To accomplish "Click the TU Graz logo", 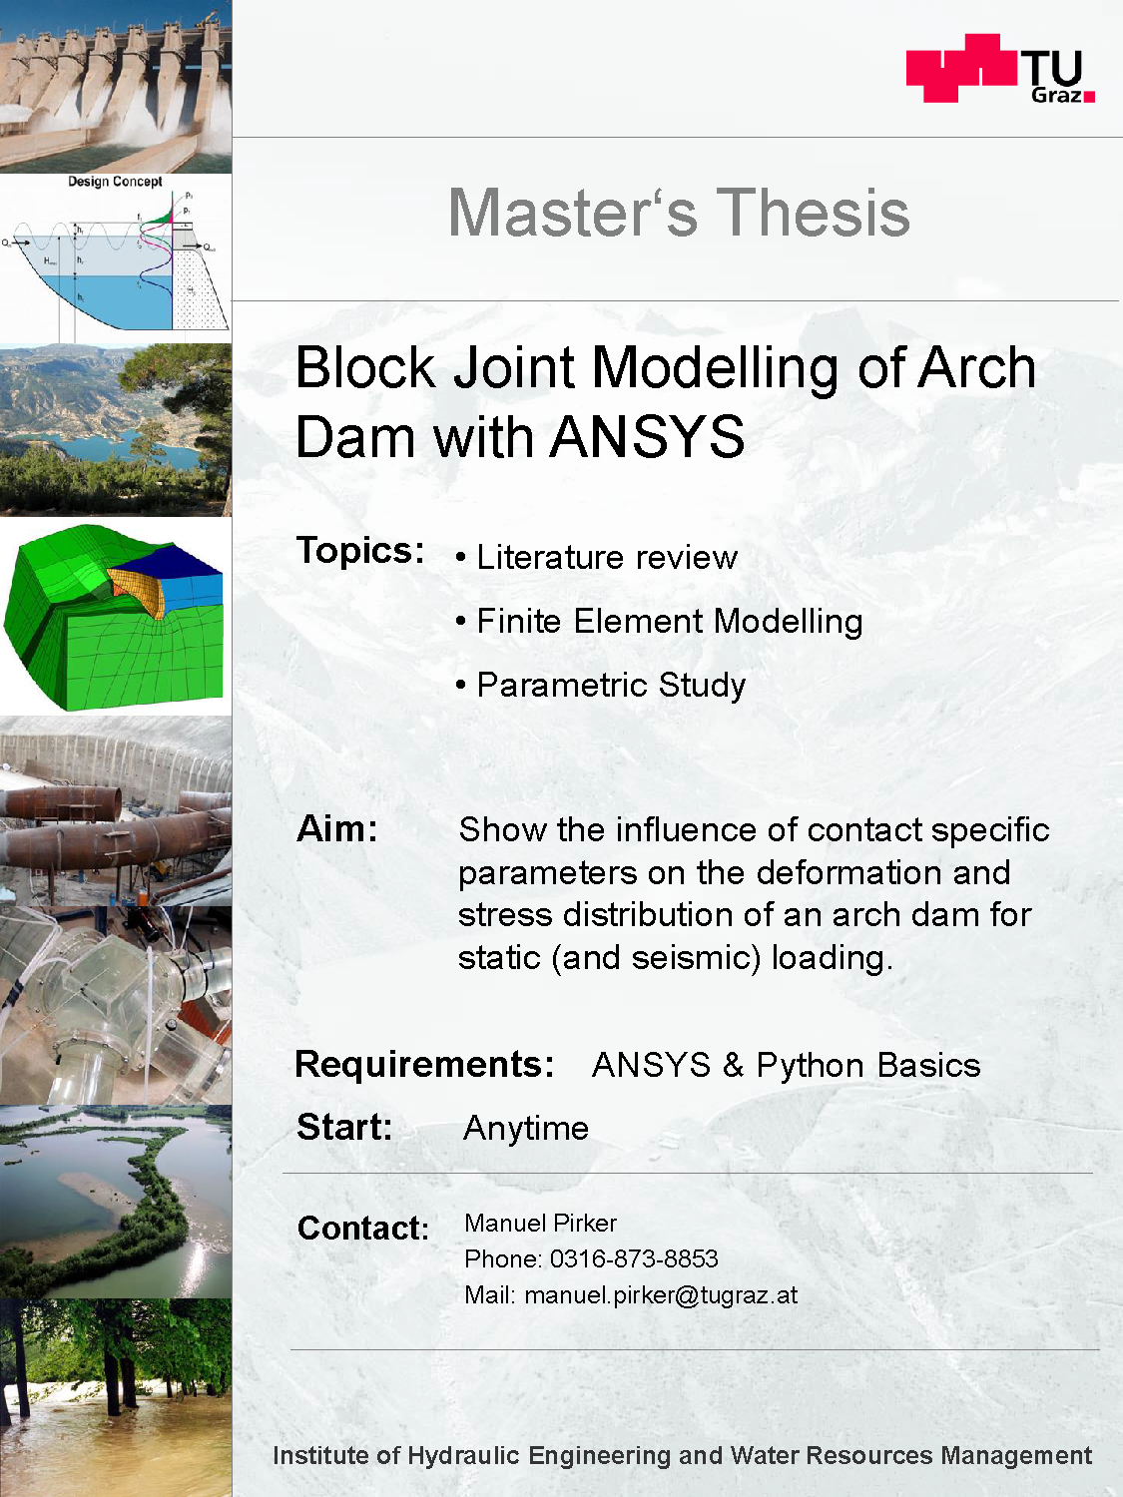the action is (x=1000, y=68).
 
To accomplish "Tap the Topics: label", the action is (x=360, y=550).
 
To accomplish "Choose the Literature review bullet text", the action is (x=607, y=557).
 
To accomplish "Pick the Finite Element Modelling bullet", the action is (x=670, y=622).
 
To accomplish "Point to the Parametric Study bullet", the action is (x=611, y=686).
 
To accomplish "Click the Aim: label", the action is (x=336, y=829).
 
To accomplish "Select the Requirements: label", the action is (x=424, y=1064).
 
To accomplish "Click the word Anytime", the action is (x=526, y=1128).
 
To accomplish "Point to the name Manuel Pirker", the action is (x=540, y=1223).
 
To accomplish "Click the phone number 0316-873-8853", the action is (x=634, y=1259).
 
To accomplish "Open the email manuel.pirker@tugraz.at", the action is (x=661, y=1295).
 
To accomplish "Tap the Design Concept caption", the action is (x=115, y=182).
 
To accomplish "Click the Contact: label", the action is (x=362, y=1229).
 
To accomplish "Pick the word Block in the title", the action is (x=365, y=368).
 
